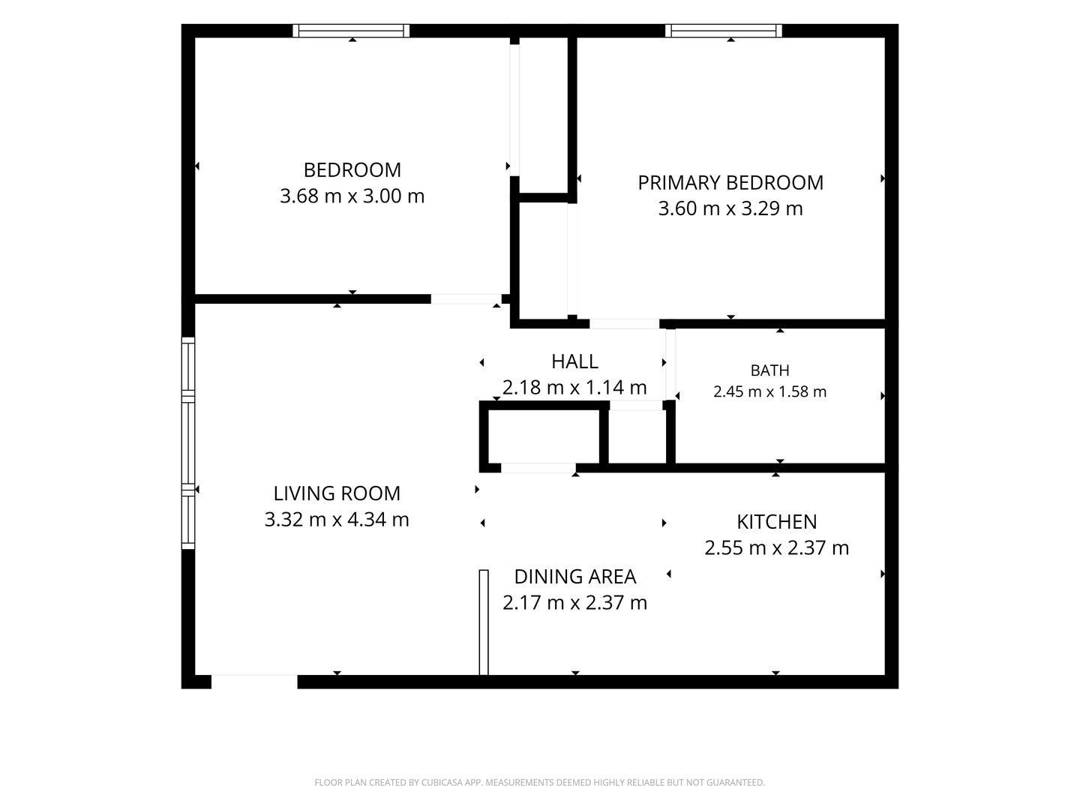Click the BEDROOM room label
tap(352, 170)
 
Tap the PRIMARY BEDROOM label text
tap(730, 183)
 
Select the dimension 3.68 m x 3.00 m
tap(352, 196)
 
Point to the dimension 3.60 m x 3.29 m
tap(730, 208)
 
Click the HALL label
tap(574, 361)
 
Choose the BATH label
tap(769, 370)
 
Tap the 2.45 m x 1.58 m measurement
tap(769, 392)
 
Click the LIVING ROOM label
tap(337, 493)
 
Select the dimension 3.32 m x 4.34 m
tap(337, 519)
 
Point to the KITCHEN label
tap(776, 522)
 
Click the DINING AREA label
tap(574, 577)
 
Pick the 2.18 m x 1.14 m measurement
tap(574, 388)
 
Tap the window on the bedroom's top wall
tap(351, 31)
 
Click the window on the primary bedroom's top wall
tap(723, 31)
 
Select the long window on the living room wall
tap(188, 442)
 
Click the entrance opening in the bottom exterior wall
tap(254, 682)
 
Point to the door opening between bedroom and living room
tap(466, 299)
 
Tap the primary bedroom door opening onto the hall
tap(625, 323)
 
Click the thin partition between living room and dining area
tap(484, 622)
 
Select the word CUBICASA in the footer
tap(441, 782)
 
